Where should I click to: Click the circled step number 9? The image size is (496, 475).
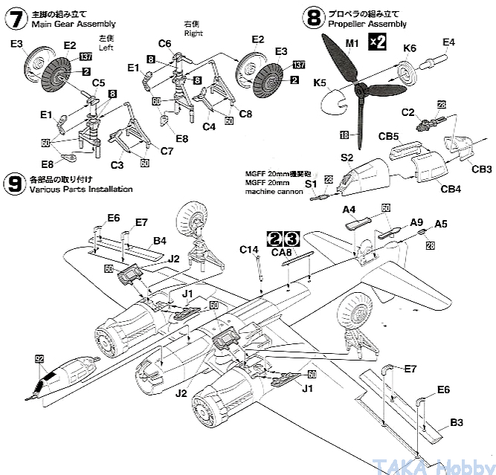click(13, 183)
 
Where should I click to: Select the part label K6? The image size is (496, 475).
click(410, 49)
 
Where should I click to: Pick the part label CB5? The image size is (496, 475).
click(393, 138)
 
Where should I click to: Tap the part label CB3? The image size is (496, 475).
click(482, 169)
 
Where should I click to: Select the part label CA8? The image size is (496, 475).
click(283, 253)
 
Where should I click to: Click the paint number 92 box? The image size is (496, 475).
click(39, 358)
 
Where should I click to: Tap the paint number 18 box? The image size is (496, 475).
click(344, 135)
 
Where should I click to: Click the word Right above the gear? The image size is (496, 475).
click(192, 33)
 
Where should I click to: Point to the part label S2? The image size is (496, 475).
click(347, 158)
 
